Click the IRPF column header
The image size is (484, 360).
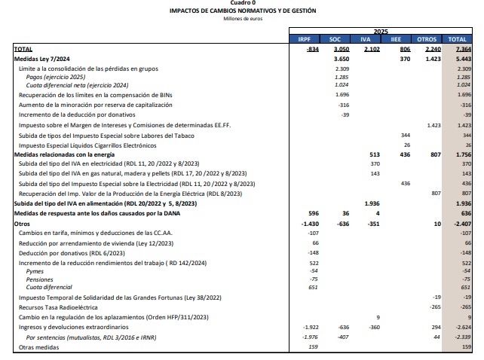(x=305, y=38)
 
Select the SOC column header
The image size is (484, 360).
(x=336, y=38)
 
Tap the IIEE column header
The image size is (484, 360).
(x=397, y=38)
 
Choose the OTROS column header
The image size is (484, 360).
(x=427, y=38)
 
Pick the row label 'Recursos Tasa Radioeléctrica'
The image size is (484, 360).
(x=57, y=307)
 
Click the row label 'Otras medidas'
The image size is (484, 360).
(x=35, y=346)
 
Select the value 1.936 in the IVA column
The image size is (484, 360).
(x=371, y=203)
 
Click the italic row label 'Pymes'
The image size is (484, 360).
(x=35, y=270)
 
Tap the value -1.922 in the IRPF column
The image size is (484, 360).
(x=310, y=328)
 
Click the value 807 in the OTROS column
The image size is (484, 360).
(x=434, y=194)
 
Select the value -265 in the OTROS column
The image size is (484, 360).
(x=434, y=307)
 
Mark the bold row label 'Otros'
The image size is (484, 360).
(x=22, y=223)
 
